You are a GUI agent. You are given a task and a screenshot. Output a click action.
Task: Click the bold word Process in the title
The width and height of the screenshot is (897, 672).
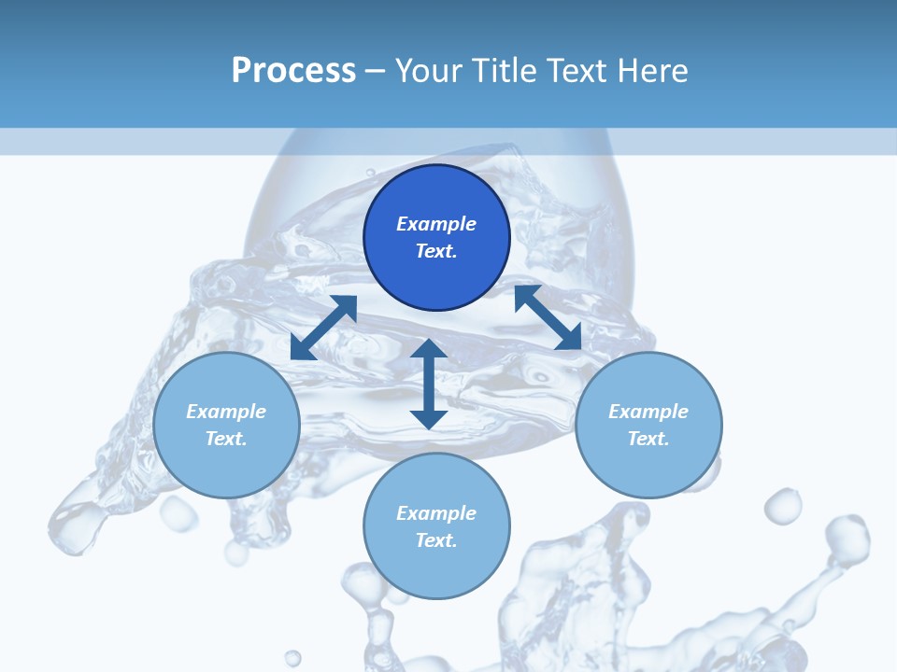(x=293, y=71)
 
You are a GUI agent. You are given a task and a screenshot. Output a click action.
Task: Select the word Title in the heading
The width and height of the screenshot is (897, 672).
(x=503, y=71)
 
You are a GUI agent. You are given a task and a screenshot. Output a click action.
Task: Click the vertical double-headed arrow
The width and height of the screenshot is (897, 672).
(x=428, y=384)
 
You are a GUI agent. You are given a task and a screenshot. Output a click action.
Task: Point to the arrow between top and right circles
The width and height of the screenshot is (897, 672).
(x=548, y=317)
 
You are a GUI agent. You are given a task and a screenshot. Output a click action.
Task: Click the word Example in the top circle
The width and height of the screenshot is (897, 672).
(x=436, y=224)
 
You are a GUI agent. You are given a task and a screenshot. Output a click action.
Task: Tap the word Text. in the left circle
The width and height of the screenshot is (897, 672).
(x=226, y=439)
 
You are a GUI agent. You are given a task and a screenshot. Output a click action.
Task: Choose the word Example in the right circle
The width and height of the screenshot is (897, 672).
(x=648, y=412)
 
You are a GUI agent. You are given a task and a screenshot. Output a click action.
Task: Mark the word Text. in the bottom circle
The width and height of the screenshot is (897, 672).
(x=436, y=540)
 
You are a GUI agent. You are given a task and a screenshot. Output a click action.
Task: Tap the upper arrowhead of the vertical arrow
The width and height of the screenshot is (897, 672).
(x=428, y=349)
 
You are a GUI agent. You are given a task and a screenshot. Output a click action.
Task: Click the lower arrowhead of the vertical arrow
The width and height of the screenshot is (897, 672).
(x=428, y=419)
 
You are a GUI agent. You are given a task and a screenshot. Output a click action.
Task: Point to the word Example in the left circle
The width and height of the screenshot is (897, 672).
(x=226, y=412)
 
